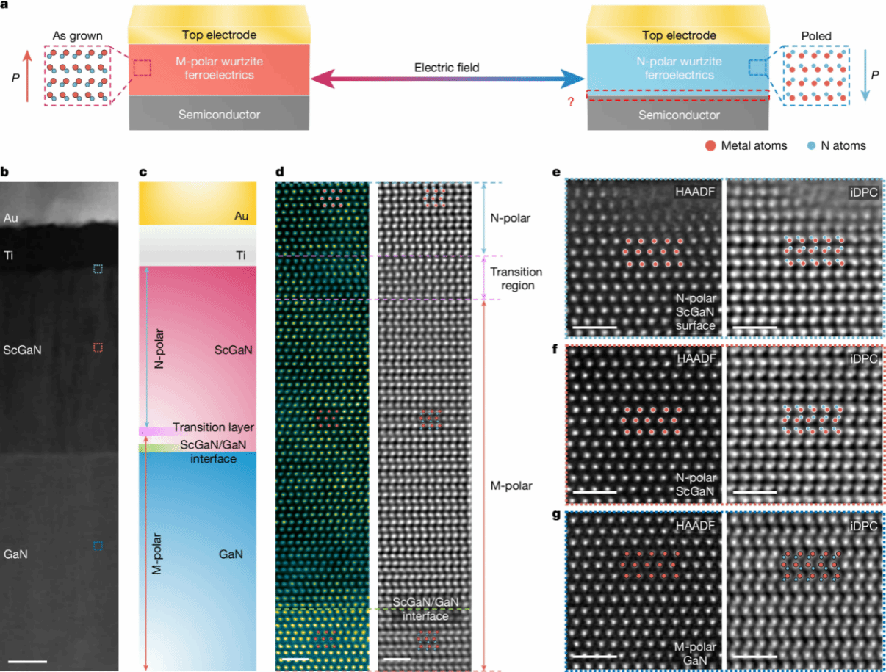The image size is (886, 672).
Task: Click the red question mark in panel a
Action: pyautogui.click(x=570, y=104)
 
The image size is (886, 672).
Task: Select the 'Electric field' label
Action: pyautogui.click(x=446, y=68)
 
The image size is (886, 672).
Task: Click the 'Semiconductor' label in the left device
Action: pyautogui.click(x=219, y=114)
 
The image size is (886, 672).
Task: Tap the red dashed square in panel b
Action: pyautogui.click(x=98, y=347)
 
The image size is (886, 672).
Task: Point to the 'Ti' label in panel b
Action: pyautogui.click(x=9, y=255)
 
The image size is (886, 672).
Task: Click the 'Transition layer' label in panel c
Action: pyautogui.click(x=213, y=427)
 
